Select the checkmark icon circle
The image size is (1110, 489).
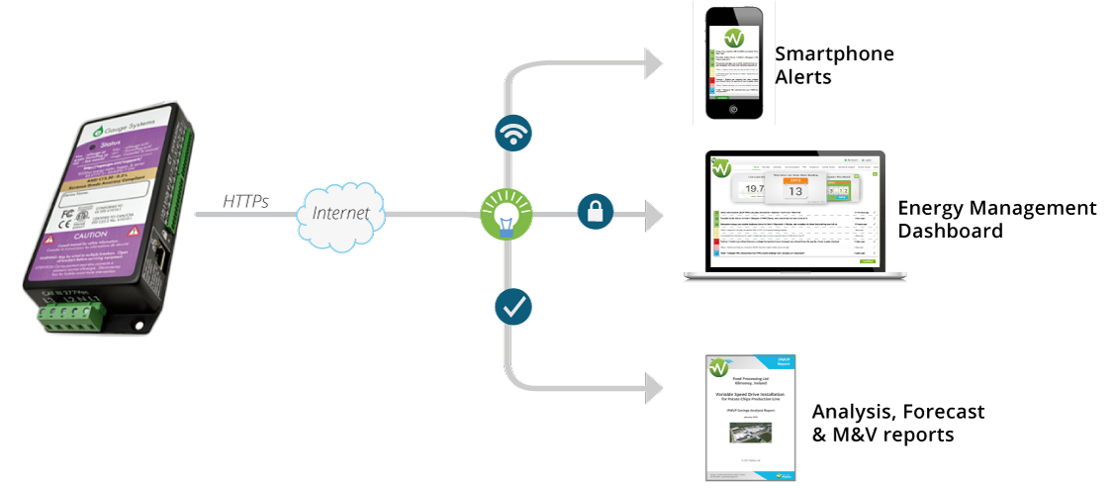click(512, 307)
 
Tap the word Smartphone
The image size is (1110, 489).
click(834, 54)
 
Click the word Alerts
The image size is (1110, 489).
click(803, 76)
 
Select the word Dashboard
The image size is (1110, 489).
click(951, 231)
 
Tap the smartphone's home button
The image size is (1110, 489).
click(734, 110)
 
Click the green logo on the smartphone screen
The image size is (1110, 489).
click(733, 38)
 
